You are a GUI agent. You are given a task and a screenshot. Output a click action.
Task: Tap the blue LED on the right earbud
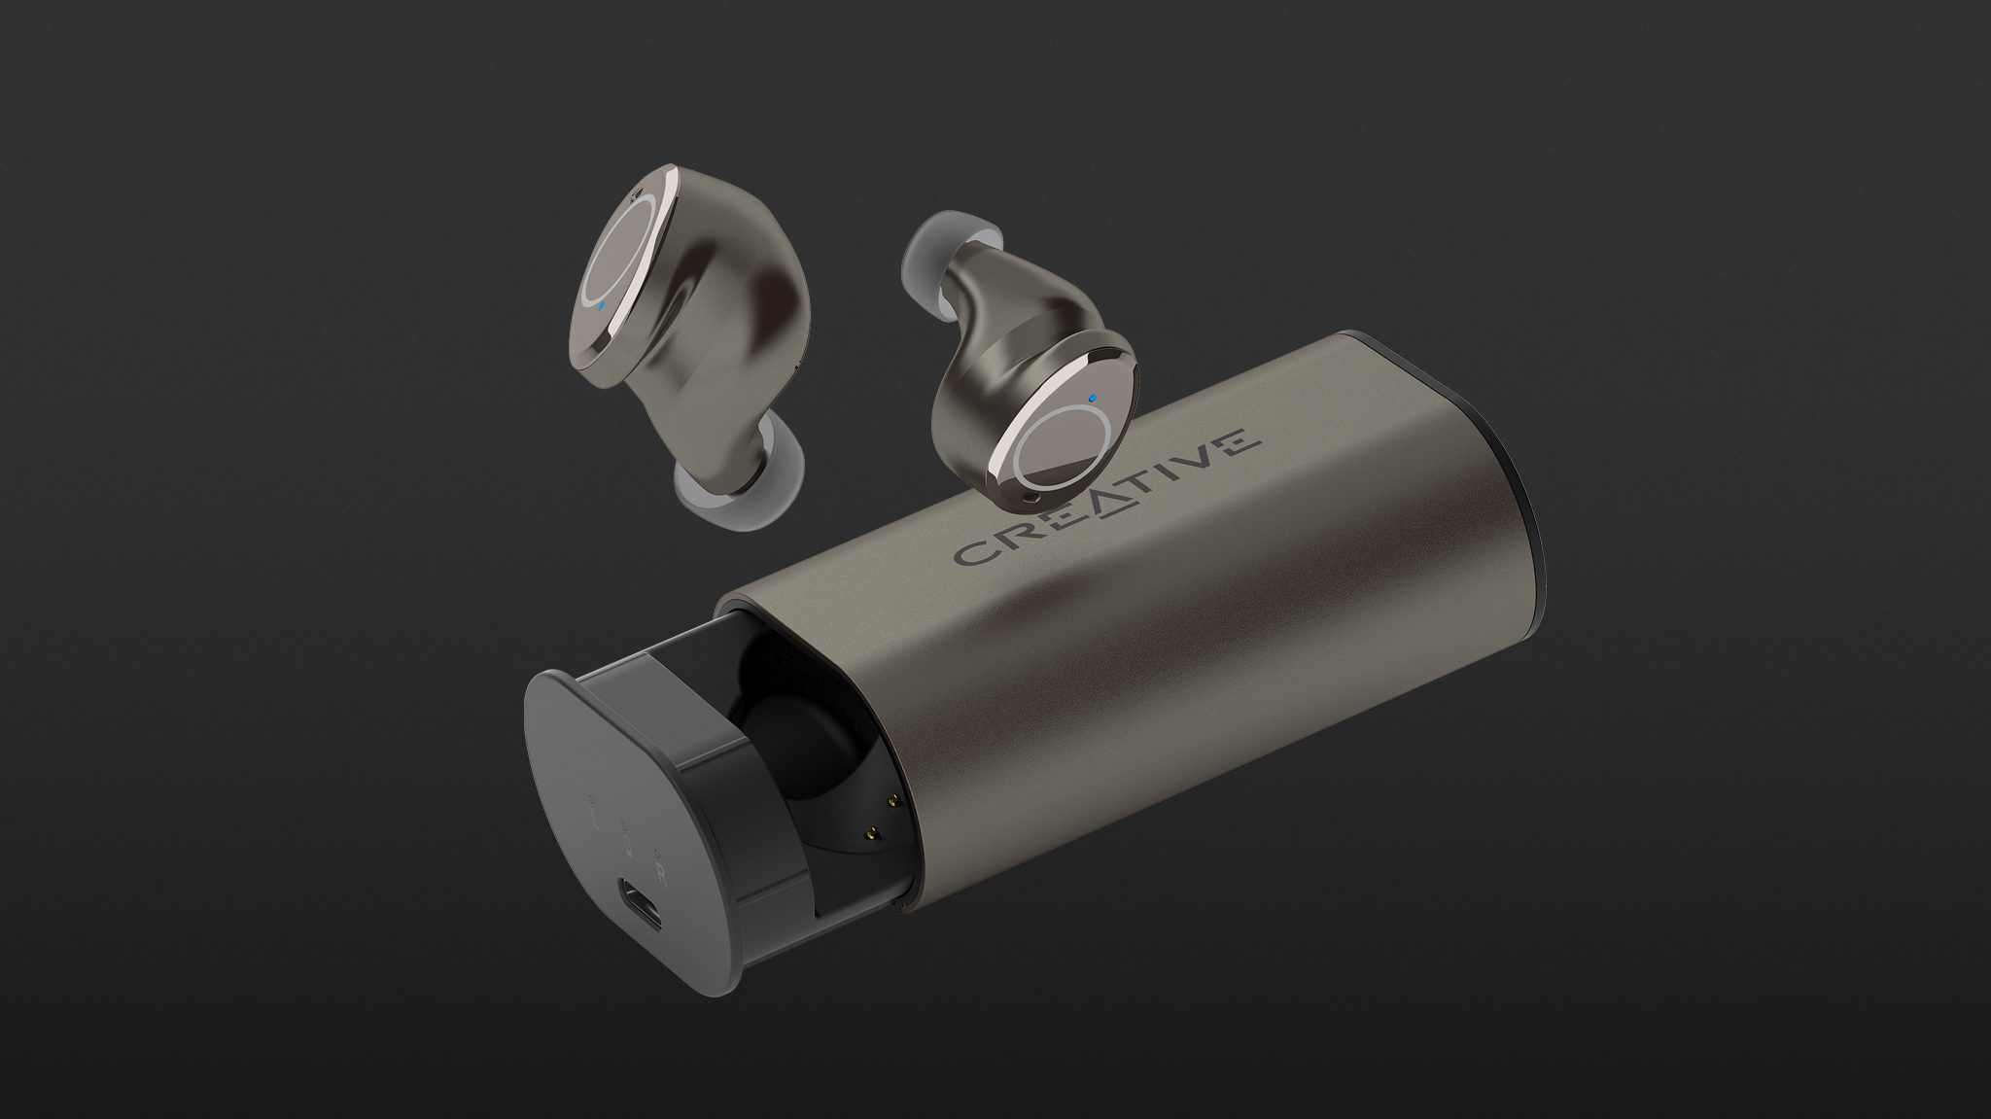pos(1094,399)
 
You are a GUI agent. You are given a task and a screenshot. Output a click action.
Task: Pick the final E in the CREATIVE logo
pos(1229,442)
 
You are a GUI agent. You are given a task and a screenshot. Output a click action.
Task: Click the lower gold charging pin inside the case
pos(872,805)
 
